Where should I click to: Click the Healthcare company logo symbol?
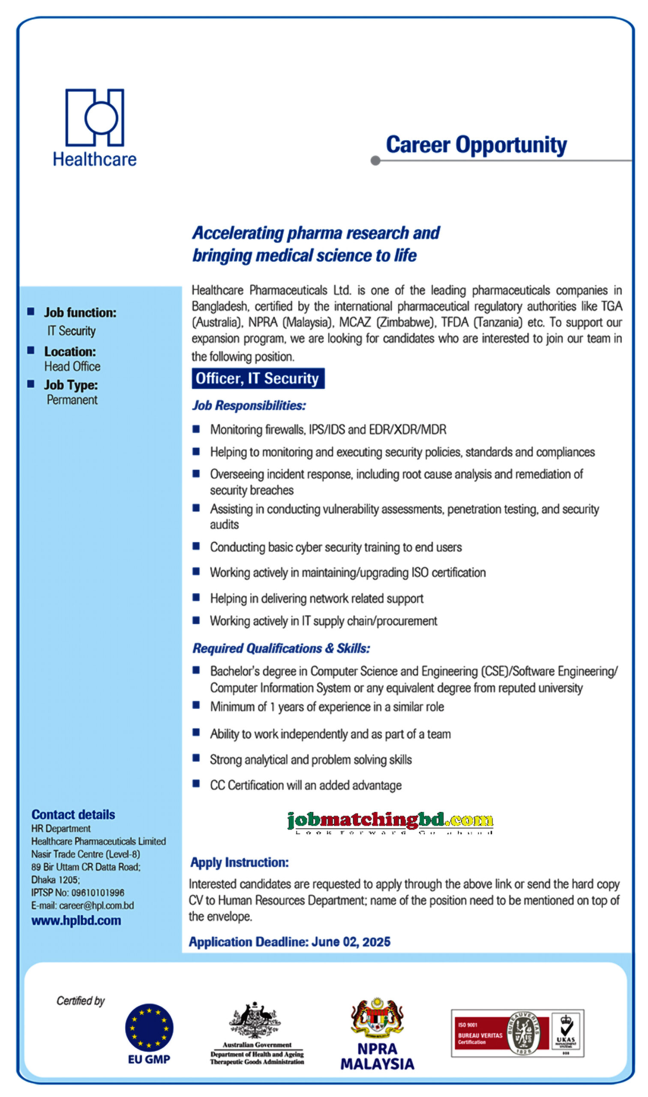click(x=95, y=117)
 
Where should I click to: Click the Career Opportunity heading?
click(x=476, y=145)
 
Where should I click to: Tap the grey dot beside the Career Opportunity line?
click(x=375, y=161)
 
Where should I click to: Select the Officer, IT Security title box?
click(x=258, y=378)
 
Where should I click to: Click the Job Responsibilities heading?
click(x=249, y=405)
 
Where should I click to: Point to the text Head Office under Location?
click(x=72, y=367)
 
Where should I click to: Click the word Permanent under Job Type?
click(x=72, y=400)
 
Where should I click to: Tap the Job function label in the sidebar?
click(x=80, y=312)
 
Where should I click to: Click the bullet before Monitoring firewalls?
click(x=196, y=429)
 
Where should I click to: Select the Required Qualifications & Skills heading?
click(x=281, y=649)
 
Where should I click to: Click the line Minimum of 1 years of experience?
click(x=327, y=707)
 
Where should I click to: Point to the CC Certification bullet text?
click(x=306, y=785)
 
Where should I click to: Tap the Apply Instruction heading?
click(x=239, y=863)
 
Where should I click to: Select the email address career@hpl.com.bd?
click(x=96, y=905)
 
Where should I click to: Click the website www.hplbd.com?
click(x=76, y=920)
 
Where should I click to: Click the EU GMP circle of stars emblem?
click(x=149, y=1027)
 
